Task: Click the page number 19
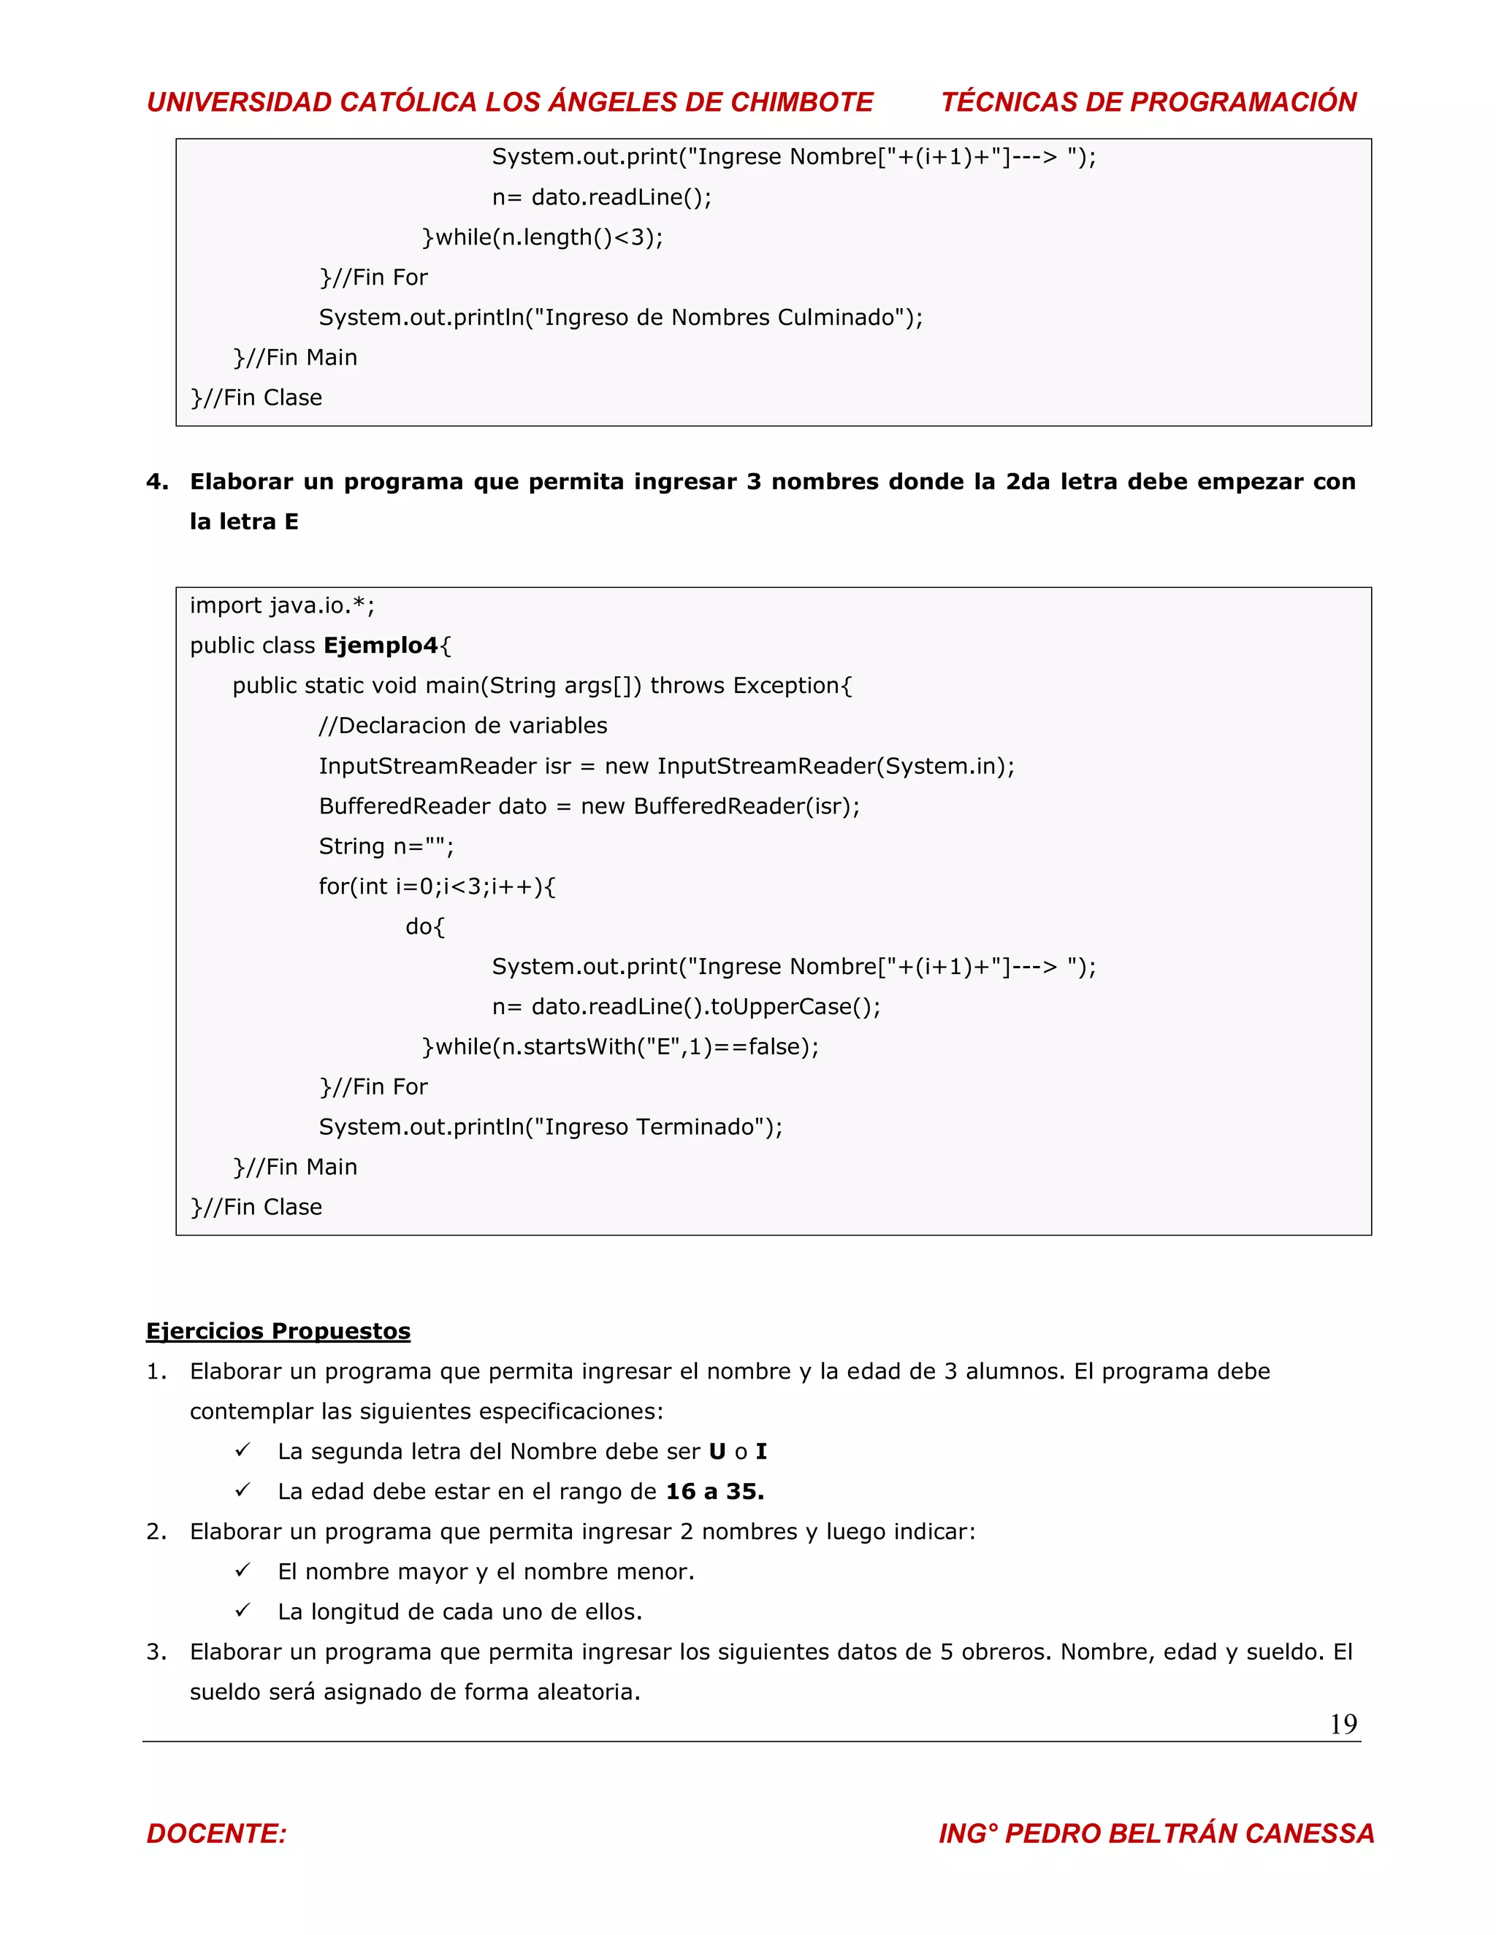1343,1723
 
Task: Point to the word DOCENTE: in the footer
216,1833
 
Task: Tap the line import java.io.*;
282,606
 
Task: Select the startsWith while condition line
620,1047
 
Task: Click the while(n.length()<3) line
543,237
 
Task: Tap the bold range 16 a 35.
714,1491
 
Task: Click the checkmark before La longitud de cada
243,1610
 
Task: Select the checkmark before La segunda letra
243,1449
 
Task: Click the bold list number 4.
156,482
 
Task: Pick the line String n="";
386,846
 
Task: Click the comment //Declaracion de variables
462,727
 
